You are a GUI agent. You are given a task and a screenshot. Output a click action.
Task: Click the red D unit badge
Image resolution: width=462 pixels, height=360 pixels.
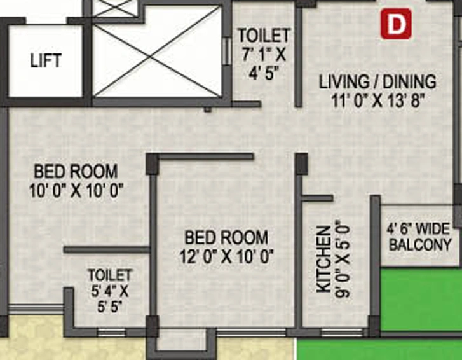(396, 24)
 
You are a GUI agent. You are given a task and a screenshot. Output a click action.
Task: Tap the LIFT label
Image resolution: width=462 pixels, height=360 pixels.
(46, 60)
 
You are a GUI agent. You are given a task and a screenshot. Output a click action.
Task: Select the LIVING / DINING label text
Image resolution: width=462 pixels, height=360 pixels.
(377, 81)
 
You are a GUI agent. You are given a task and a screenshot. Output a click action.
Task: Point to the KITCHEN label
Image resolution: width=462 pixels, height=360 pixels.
(324, 260)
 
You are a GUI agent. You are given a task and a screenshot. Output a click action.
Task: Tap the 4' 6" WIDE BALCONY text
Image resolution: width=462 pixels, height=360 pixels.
(419, 237)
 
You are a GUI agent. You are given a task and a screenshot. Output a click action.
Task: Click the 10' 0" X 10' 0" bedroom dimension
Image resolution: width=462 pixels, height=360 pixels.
(76, 191)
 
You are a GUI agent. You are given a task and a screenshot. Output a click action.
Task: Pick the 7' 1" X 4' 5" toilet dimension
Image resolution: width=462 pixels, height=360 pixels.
(264, 63)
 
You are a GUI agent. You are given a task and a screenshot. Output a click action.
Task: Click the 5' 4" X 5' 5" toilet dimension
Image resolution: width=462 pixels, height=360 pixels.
(109, 300)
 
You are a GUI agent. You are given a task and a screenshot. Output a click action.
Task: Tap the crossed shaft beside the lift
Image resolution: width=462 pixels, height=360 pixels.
(157, 52)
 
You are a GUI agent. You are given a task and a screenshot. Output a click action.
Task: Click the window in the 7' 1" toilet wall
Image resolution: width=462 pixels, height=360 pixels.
(226, 51)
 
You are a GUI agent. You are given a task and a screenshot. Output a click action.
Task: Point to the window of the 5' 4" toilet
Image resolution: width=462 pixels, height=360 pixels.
(112, 333)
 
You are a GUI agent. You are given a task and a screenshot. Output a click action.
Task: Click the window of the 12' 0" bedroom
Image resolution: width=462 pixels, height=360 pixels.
(251, 333)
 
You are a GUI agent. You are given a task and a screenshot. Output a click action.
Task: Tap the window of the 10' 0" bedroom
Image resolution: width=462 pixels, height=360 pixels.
(36, 310)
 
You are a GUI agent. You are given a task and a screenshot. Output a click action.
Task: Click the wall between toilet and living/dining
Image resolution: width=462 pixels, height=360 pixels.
(299, 57)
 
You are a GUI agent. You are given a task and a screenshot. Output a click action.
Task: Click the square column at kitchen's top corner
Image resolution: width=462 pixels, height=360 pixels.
(301, 163)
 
